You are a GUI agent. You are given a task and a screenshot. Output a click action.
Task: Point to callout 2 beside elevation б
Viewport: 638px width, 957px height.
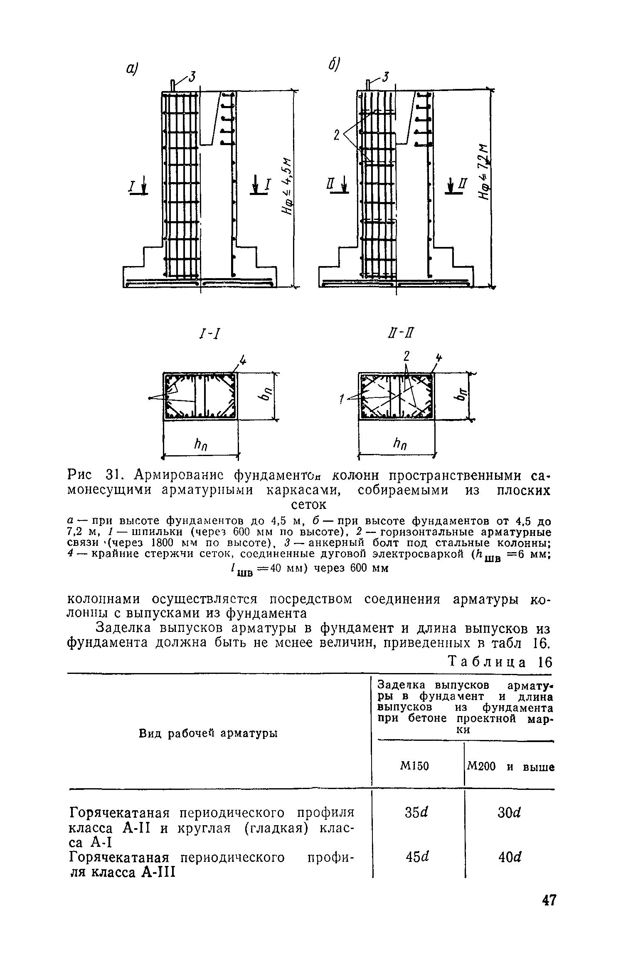pyautogui.click(x=336, y=135)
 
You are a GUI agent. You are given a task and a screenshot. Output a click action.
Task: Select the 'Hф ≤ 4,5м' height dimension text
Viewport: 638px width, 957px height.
pyautogui.click(x=286, y=188)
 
